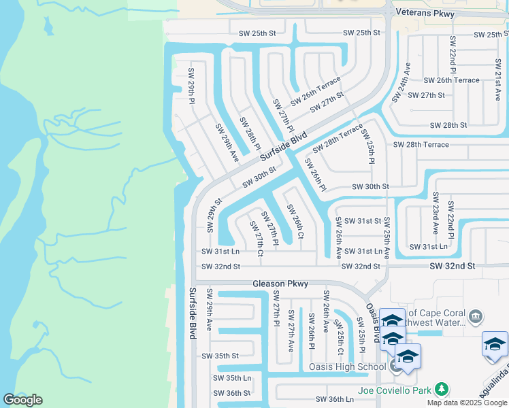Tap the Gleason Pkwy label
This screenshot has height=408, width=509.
coord(280,284)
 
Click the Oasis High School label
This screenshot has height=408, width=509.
coord(347,367)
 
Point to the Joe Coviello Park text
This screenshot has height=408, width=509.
coord(395,390)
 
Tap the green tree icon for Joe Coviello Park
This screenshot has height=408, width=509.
coord(442,390)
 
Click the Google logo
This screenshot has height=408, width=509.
coord(22,400)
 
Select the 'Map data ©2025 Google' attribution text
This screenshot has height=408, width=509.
coord(467,403)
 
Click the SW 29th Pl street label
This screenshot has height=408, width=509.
coord(192,85)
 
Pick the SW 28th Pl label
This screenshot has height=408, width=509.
coord(250,133)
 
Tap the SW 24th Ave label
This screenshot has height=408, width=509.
coord(401,82)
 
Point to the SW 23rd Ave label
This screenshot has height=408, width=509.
coord(435,211)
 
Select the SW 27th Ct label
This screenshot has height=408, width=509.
coord(257,238)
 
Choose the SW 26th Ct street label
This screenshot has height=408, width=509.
coord(295,221)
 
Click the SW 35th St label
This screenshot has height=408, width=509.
coord(220,356)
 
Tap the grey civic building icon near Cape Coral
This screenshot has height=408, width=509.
coord(476,316)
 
